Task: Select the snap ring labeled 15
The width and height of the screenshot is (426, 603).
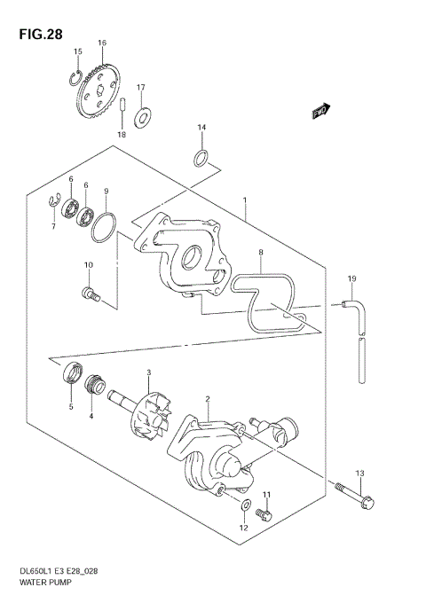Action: [x=77, y=77]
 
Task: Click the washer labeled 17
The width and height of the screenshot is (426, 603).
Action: [x=143, y=114]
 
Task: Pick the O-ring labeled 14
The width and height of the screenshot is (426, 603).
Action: [x=202, y=159]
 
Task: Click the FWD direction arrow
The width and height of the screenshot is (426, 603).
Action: [x=320, y=111]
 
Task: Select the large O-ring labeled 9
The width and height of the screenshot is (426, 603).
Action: [x=103, y=227]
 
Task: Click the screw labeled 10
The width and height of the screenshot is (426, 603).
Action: [x=90, y=293]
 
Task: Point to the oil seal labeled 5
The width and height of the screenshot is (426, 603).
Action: [x=69, y=377]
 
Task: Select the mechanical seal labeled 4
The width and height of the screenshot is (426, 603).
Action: [x=92, y=386]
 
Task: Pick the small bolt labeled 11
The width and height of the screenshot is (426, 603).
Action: [x=262, y=513]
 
